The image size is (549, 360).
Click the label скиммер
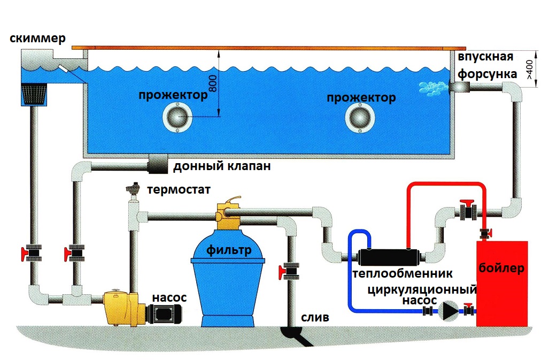37,39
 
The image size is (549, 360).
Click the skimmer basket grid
35,95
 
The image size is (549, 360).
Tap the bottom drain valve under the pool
157,163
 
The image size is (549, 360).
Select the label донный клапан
222,166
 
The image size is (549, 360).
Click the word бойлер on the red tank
506,267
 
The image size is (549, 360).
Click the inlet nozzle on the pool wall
458,86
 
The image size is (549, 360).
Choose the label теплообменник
403,274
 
